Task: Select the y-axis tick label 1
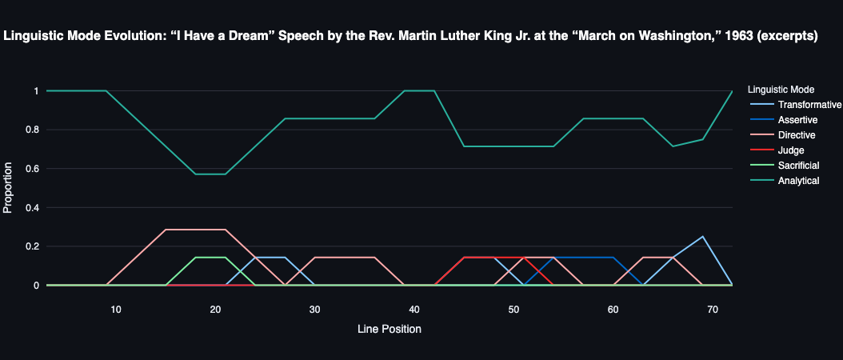(x=35, y=91)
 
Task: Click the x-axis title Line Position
(x=390, y=329)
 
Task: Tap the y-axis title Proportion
(x=9, y=188)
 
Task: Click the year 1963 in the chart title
(x=727, y=36)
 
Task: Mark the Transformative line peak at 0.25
(x=702, y=237)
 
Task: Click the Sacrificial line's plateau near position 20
(x=211, y=258)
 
